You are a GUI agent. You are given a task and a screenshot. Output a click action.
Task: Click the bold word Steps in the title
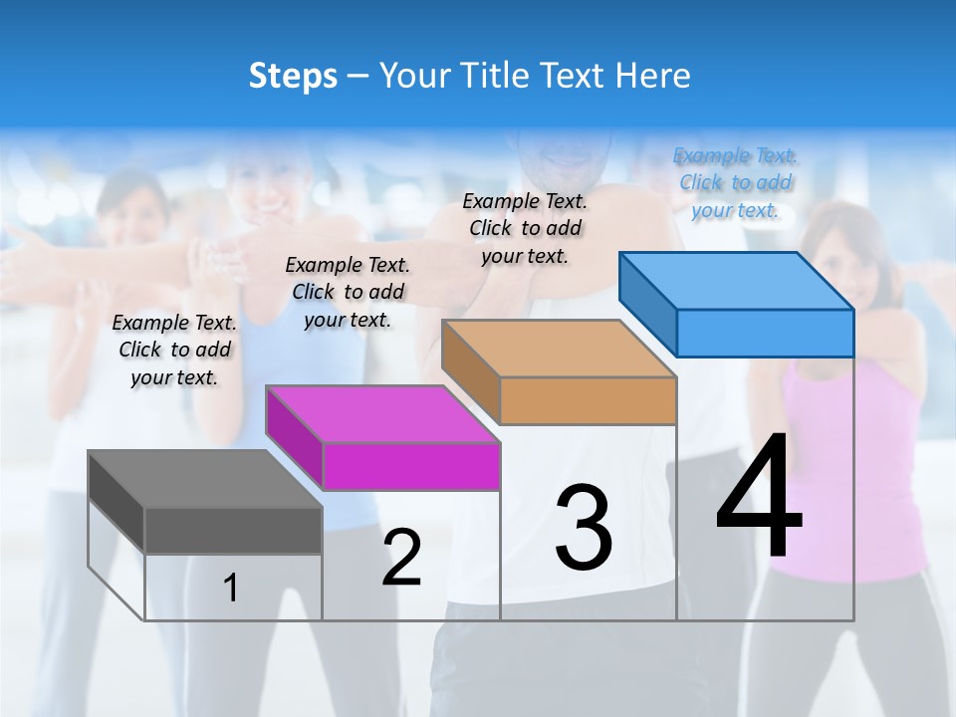coord(293,76)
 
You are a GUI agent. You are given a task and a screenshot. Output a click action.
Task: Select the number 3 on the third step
coord(584,528)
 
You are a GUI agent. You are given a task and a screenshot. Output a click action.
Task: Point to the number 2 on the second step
coord(401,559)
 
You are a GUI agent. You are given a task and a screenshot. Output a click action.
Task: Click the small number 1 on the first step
coord(231,589)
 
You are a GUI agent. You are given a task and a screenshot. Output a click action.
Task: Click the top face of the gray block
coord(204,479)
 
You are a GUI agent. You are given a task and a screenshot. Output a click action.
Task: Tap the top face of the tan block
coord(558,349)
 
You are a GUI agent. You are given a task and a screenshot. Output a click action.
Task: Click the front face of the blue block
coord(765,333)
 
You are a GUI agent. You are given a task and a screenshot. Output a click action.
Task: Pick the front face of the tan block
coord(588,400)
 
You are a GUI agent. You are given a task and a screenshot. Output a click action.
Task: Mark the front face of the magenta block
coord(411,467)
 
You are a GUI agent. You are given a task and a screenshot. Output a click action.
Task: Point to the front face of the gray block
coord(233,530)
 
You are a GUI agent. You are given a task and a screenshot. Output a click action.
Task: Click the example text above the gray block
coord(174,350)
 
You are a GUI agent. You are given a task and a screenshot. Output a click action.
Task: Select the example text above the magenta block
coord(348,292)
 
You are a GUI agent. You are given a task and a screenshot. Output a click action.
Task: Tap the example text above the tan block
coord(525,228)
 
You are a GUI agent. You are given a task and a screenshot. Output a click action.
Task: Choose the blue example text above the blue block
coord(735,182)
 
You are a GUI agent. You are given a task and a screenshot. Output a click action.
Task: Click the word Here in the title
coord(657,76)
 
